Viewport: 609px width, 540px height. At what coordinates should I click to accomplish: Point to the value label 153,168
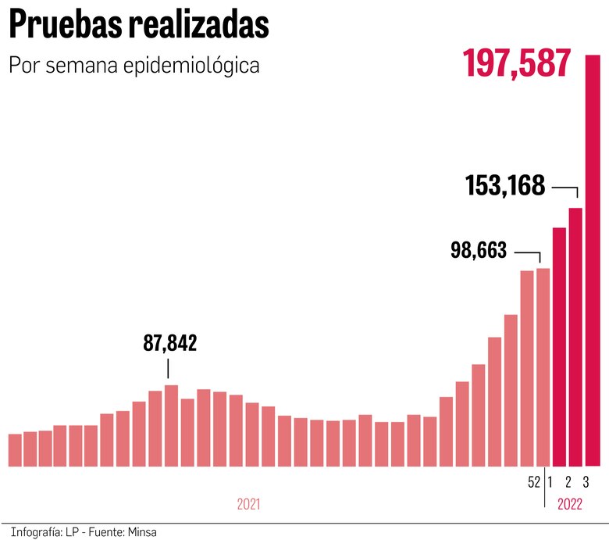point(505,187)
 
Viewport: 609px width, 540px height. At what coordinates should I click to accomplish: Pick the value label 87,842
point(169,343)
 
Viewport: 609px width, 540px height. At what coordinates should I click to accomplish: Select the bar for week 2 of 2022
point(575,337)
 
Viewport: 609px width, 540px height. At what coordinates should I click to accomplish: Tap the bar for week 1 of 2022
point(559,347)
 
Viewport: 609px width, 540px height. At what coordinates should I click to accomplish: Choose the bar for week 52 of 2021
point(543,367)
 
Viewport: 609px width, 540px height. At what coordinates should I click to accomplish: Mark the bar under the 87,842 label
point(171,426)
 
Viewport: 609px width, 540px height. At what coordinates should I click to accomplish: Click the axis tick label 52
point(534,482)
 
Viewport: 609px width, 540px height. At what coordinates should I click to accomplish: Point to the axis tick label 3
point(586,482)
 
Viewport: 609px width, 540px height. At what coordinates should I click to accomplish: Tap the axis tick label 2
point(568,482)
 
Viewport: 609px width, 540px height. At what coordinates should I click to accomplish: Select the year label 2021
point(248,505)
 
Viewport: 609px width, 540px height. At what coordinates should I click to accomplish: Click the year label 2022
point(570,505)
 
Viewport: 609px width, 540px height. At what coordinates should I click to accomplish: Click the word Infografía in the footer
point(36,532)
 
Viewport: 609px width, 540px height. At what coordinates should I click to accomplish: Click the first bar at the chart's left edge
point(15,450)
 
